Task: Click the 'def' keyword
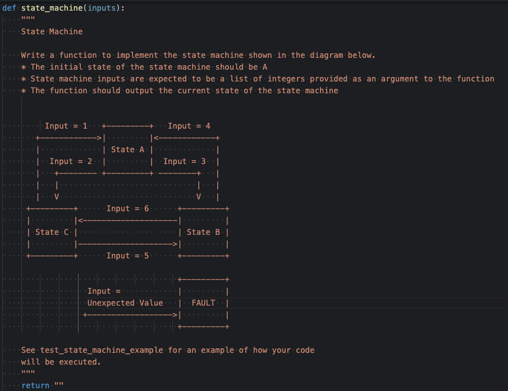pos(10,8)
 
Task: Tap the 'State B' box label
pos(203,232)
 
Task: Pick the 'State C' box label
pos(52,232)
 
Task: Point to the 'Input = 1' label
pos(66,126)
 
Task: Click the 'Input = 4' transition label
pos(189,126)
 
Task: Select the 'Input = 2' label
pos(71,161)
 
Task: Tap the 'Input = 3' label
pos(184,161)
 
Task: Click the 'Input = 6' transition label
pos(127,208)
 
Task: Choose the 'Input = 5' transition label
pos(127,256)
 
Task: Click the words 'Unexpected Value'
pos(125,303)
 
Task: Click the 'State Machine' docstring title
pos(52,31)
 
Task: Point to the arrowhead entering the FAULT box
pos(175,315)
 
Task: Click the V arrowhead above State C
pos(57,197)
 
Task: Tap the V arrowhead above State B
pos(199,197)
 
